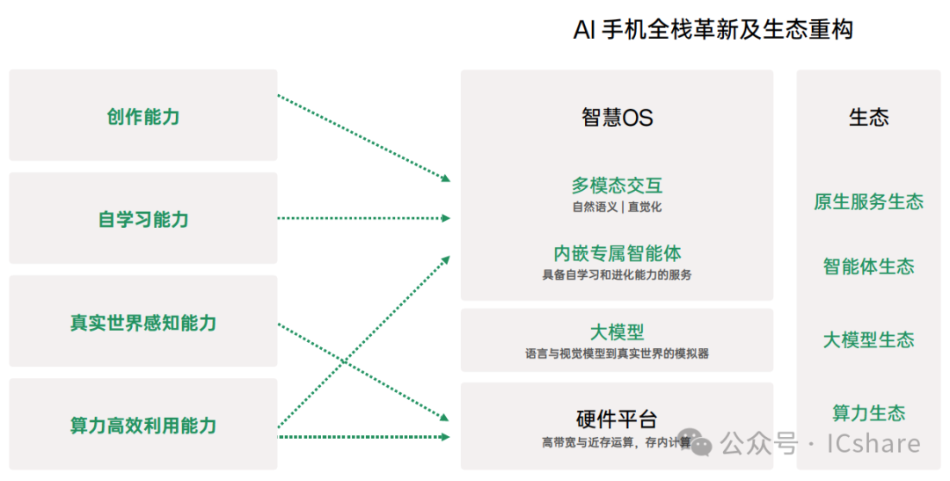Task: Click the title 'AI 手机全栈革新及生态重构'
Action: tap(712, 31)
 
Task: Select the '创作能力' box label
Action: tap(143, 117)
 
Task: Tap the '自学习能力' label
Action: tap(143, 220)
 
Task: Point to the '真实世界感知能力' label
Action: tap(143, 323)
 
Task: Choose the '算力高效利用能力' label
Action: tap(143, 426)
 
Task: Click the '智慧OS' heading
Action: tap(617, 118)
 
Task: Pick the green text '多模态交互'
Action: tap(617, 186)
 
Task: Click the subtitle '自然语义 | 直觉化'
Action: tap(617, 208)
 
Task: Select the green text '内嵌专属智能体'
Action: tap(617, 253)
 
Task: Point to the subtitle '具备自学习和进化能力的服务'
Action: tap(617, 275)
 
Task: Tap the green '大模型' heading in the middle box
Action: tap(617, 332)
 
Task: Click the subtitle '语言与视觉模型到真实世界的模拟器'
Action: tap(617, 353)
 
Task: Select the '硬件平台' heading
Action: tap(617, 419)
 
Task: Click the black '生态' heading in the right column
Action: tap(868, 118)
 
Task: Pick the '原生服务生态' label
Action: tap(868, 201)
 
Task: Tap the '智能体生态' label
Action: tap(868, 266)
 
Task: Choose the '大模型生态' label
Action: tap(868, 339)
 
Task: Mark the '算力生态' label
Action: tap(868, 412)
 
